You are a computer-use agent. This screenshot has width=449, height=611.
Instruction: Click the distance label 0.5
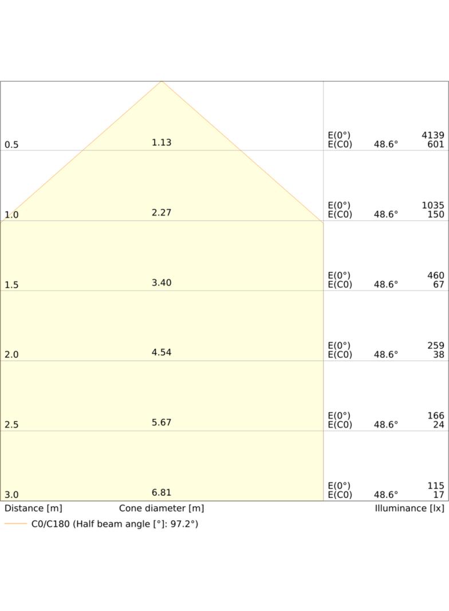coord(11,144)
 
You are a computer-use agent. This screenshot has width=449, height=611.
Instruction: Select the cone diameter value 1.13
coord(162,142)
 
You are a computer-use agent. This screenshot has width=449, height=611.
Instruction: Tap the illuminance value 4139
coord(432,135)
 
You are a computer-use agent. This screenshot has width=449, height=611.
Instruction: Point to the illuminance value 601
coord(436,144)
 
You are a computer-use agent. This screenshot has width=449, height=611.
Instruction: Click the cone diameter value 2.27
coord(162,213)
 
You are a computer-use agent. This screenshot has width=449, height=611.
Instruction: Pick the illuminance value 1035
coord(432,205)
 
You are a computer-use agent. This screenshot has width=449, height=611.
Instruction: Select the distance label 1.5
coord(11,285)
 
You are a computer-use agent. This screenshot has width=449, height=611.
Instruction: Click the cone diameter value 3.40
coord(162,283)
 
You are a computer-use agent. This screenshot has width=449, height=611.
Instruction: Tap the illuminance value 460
coord(436,276)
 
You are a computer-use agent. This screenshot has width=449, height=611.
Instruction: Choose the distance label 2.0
coord(11,355)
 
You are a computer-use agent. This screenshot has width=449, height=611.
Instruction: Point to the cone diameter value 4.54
coord(162,352)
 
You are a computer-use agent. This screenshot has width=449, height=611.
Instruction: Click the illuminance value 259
coord(436,346)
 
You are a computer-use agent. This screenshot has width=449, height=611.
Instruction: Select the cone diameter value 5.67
coord(162,422)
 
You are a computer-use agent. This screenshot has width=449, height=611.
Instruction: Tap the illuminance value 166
coord(436,416)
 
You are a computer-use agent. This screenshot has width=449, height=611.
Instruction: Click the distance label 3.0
coord(11,495)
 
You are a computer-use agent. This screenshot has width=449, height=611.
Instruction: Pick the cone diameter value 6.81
coord(162,492)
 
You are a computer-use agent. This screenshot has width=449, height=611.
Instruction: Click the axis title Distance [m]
coord(33,508)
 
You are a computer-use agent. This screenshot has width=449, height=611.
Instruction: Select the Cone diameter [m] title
coord(162,508)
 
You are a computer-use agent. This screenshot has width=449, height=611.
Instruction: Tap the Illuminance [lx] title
coord(409,508)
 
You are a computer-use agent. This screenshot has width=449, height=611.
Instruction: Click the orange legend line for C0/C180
coord(15,524)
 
